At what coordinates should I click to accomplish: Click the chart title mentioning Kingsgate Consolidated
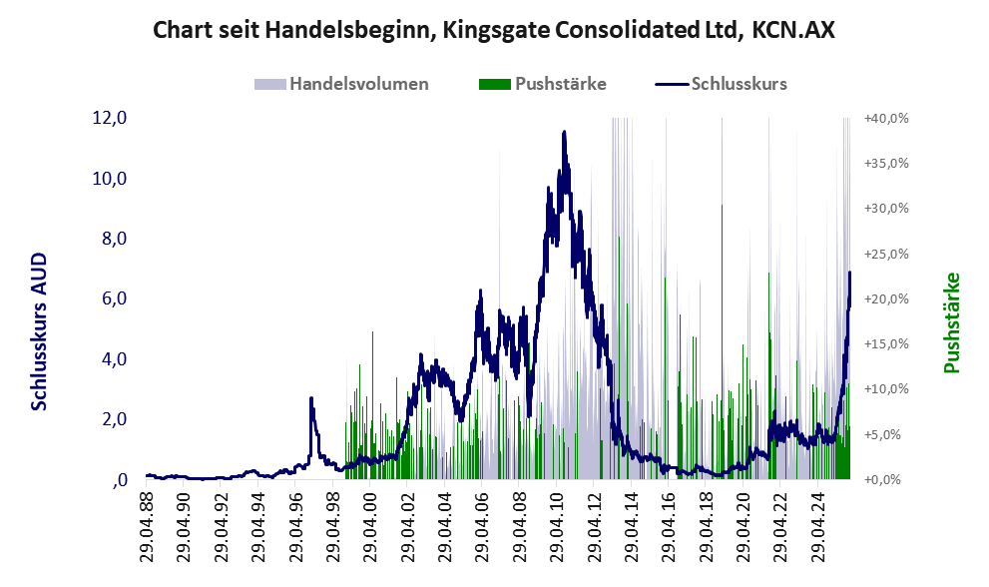pos(494,31)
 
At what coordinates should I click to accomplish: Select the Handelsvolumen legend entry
pos(358,84)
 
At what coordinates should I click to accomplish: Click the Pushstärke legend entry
pos(560,84)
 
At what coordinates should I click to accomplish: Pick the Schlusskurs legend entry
pos(739,84)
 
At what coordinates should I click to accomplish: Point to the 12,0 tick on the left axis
pos(109,118)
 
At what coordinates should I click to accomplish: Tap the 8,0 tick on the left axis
pos(109,239)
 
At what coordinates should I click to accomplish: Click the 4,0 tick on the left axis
pos(109,359)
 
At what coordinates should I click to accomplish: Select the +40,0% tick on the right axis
pos(887,118)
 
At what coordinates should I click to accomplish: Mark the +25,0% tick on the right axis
pos(887,254)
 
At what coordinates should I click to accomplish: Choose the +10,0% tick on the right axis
pos(887,389)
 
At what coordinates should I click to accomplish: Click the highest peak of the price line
pos(564,132)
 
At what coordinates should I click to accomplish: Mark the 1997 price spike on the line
pos(311,399)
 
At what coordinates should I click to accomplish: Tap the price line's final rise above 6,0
pos(849,274)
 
